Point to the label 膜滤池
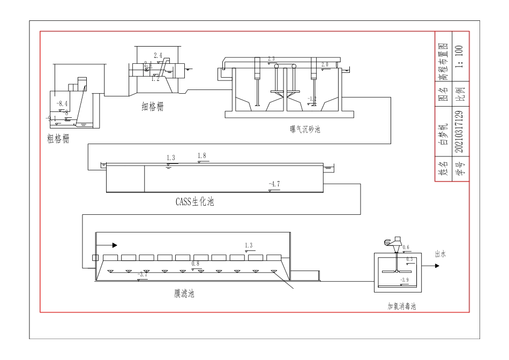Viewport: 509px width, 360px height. pyautogui.click(x=184, y=293)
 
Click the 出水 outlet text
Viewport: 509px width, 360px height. pyautogui.click(x=440, y=255)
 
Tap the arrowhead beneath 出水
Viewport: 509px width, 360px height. pyautogui.click(x=436, y=266)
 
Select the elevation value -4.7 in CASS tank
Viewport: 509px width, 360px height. pyautogui.click(x=274, y=184)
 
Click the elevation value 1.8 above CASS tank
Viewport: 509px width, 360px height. pyautogui.click(x=202, y=156)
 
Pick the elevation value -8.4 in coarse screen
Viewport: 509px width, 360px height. pyautogui.click(x=63, y=103)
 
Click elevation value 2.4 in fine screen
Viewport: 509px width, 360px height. pyautogui.click(x=158, y=56)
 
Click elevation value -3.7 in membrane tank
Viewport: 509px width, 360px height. pyautogui.click(x=143, y=275)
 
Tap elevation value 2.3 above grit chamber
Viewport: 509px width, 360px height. pyautogui.click(x=271, y=58)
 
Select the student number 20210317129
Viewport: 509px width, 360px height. pyautogui.click(x=460, y=131)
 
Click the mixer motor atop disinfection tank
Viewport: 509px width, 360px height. pyautogui.click(x=395, y=242)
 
